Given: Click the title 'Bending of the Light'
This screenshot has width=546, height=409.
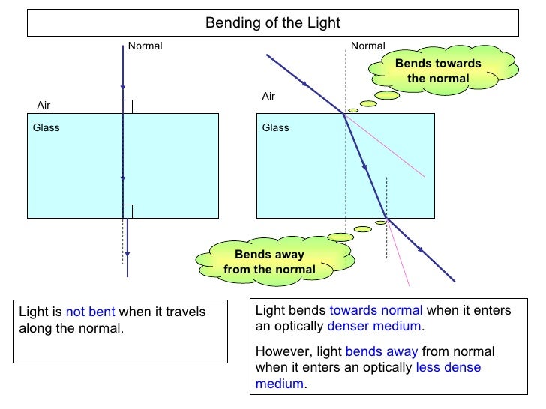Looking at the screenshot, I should pos(273,23).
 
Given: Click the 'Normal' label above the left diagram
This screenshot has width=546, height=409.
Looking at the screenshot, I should pos(145,46).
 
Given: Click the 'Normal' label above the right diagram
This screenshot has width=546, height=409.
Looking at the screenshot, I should pos(367,46).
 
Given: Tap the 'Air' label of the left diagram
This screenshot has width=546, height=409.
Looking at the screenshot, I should pos(44,106).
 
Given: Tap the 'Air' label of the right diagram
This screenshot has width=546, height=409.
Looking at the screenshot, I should pos(268,97).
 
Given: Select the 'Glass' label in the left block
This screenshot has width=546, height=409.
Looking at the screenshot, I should pos(46,127).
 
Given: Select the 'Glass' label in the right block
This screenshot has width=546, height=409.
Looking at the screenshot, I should pos(275,127).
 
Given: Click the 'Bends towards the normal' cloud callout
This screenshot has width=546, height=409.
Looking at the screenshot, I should pos(438,71).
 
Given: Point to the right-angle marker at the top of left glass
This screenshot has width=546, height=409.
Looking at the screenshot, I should pos(127,106).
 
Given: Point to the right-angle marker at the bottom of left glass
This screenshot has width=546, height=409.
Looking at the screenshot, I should pos(127,210).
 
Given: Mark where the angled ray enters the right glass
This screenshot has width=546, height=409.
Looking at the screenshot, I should pos(344,114).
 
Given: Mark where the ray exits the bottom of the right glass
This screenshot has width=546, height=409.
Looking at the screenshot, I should pos(386,218).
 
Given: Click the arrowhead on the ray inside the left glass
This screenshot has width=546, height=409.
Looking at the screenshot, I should pos(122,180).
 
